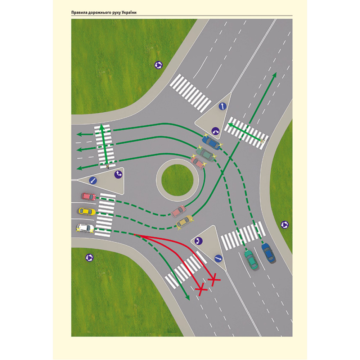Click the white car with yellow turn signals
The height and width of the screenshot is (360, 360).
pos(85,228)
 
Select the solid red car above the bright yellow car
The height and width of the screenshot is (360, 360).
pos(89,197)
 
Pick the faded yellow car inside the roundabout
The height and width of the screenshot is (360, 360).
pos(184,221)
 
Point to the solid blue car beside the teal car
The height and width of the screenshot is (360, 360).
pos(268,253)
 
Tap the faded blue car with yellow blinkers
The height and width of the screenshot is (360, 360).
pos(211,142)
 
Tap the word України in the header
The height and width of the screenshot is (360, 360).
pos(130,13)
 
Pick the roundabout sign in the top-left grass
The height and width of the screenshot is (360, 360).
pos(158,65)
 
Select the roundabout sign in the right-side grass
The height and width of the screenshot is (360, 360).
pos(284,225)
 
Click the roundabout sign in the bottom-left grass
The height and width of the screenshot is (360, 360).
pos(89,257)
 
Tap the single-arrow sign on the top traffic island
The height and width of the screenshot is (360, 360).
pos(222,107)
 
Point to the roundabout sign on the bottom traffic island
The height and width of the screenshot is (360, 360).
pos(198,241)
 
